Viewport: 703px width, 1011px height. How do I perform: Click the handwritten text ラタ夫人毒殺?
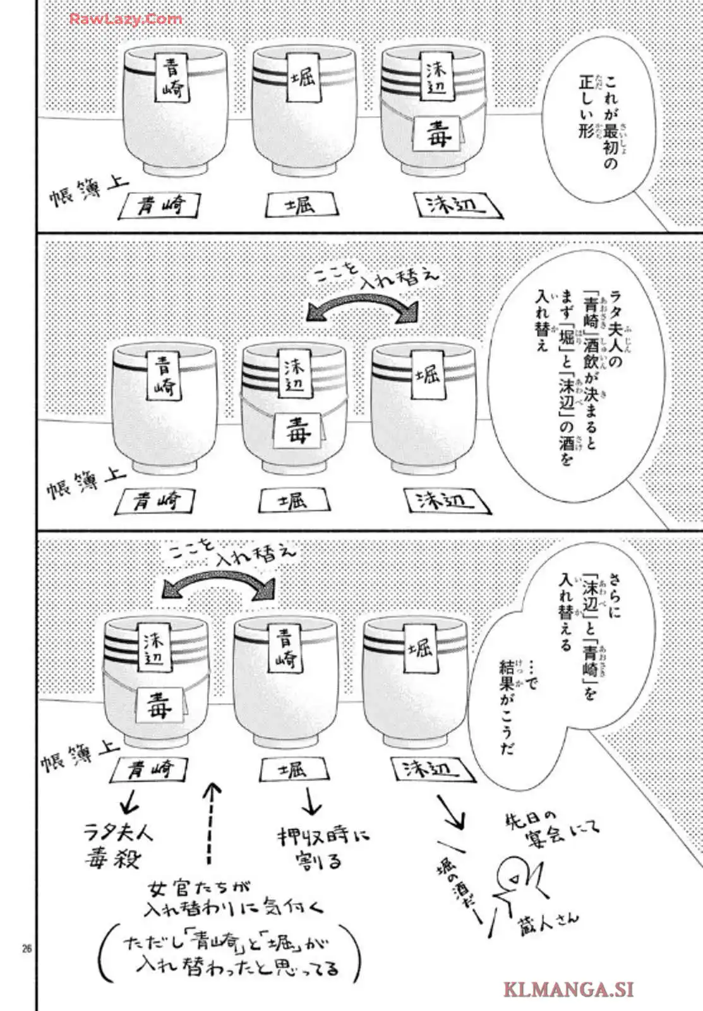[119, 845]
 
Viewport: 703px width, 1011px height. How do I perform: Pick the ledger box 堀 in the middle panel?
[294, 501]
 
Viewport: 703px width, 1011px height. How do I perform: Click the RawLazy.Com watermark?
[125, 19]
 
